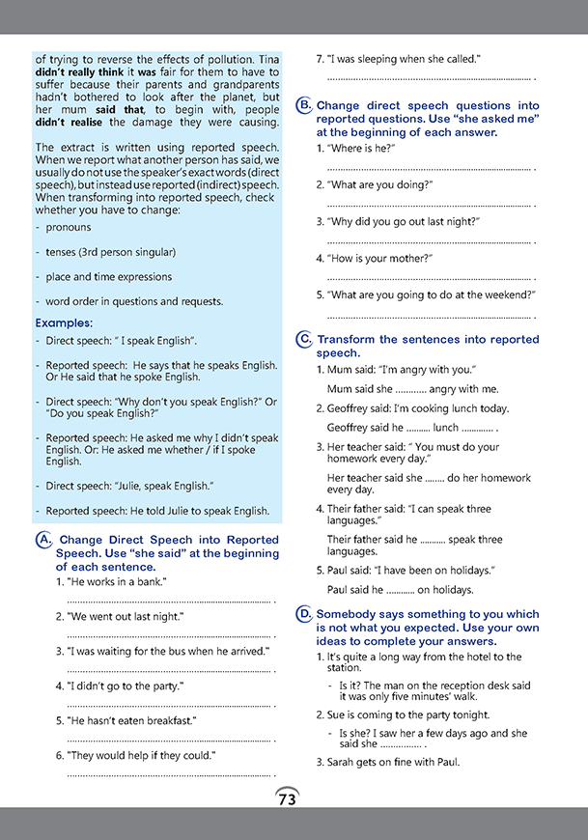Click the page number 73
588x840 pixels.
pyautogui.click(x=287, y=798)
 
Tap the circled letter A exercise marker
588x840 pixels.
pyautogui.click(x=43, y=541)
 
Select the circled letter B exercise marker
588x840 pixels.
pyautogui.click(x=304, y=105)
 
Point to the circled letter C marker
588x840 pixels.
pyautogui.click(x=304, y=339)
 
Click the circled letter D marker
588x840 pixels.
pyautogui.click(x=304, y=613)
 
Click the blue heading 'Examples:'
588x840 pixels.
pyautogui.click(x=64, y=322)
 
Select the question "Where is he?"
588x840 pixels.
pyautogui.click(x=362, y=148)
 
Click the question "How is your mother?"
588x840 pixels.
pyautogui.click(x=379, y=258)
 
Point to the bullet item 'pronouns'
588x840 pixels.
pyautogui.click(x=69, y=228)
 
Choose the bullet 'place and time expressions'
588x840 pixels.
pyautogui.click(x=108, y=277)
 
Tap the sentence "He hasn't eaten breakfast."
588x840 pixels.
pyautogui.click(x=131, y=720)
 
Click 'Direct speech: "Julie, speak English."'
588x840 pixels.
pyautogui.click(x=129, y=486)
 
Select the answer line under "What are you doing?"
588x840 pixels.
pyautogui.click(x=430, y=205)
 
